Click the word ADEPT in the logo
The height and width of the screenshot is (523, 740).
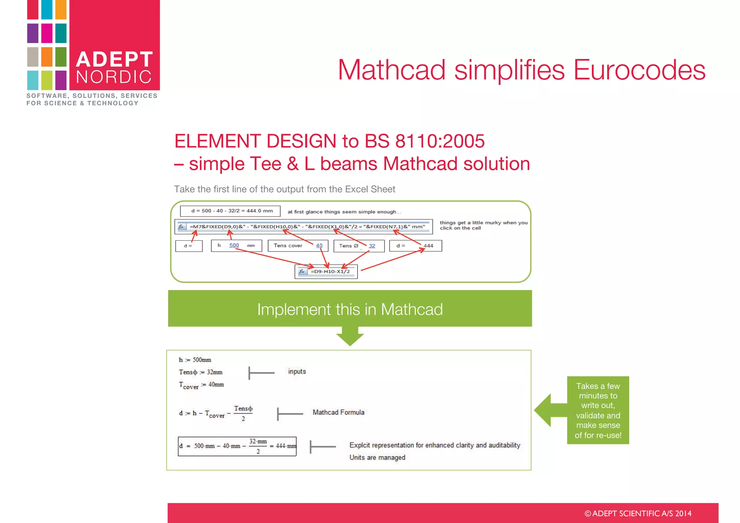coord(115,59)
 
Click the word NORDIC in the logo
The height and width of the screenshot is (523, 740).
coord(114,77)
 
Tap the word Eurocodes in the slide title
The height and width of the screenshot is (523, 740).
coord(639,70)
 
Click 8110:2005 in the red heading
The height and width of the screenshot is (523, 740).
coord(440,141)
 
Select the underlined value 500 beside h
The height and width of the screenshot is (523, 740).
coord(234,245)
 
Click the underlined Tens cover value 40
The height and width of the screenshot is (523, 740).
coord(319,246)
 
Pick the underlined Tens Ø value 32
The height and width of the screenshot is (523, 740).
coord(372,246)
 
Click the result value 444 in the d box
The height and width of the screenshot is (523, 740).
coord(428,246)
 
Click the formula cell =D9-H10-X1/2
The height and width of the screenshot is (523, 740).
coord(330,271)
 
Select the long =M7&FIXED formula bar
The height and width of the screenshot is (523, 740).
coord(307,227)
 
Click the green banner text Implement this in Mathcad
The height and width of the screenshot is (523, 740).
coord(350,309)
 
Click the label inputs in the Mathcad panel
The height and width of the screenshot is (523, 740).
coord(297,372)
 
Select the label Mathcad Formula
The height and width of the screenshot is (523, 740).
coord(338,412)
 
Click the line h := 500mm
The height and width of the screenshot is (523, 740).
coord(195,360)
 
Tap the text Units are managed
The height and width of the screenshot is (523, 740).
coord(377,458)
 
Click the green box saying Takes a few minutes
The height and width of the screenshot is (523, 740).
coord(598,410)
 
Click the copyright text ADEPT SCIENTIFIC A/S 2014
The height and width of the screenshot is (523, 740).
coord(638,514)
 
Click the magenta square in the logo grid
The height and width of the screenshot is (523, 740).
coord(47,33)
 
